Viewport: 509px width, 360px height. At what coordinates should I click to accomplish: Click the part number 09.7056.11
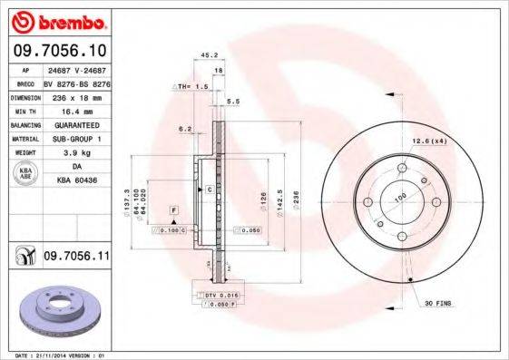click(x=76, y=258)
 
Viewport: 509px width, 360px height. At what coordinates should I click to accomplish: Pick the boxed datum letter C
click(x=209, y=190)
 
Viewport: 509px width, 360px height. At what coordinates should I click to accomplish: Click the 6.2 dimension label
click(x=185, y=128)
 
